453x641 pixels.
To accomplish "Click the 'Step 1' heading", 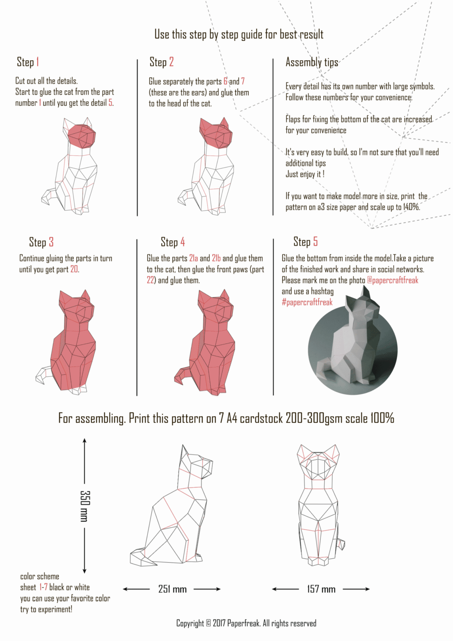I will (28, 62).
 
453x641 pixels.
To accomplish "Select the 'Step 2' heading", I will (161, 62).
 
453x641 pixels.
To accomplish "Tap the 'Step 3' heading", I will (41, 242).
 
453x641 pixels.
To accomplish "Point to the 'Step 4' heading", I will (173, 242).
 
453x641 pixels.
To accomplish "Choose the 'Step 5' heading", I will (305, 242).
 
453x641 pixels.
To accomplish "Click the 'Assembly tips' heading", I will (311, 62).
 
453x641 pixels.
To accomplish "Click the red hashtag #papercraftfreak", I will (307, 302).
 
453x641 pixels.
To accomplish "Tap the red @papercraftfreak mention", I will (392, 280).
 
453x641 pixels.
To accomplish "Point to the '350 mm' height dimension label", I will (84, 506).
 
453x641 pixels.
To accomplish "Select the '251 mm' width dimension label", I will (172, 589).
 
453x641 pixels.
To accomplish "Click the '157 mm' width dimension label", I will (321, 589).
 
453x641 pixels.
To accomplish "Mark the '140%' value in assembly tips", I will (411, 207).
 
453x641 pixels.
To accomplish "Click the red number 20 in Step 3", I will (74, 269).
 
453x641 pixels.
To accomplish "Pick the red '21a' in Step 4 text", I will (193, 258).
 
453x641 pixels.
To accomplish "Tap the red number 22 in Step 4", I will (150, 280).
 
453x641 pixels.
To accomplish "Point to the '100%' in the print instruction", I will (382, 418).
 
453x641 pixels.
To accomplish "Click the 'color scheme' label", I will (39, 576).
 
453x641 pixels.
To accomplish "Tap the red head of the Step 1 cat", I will (82, 135).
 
